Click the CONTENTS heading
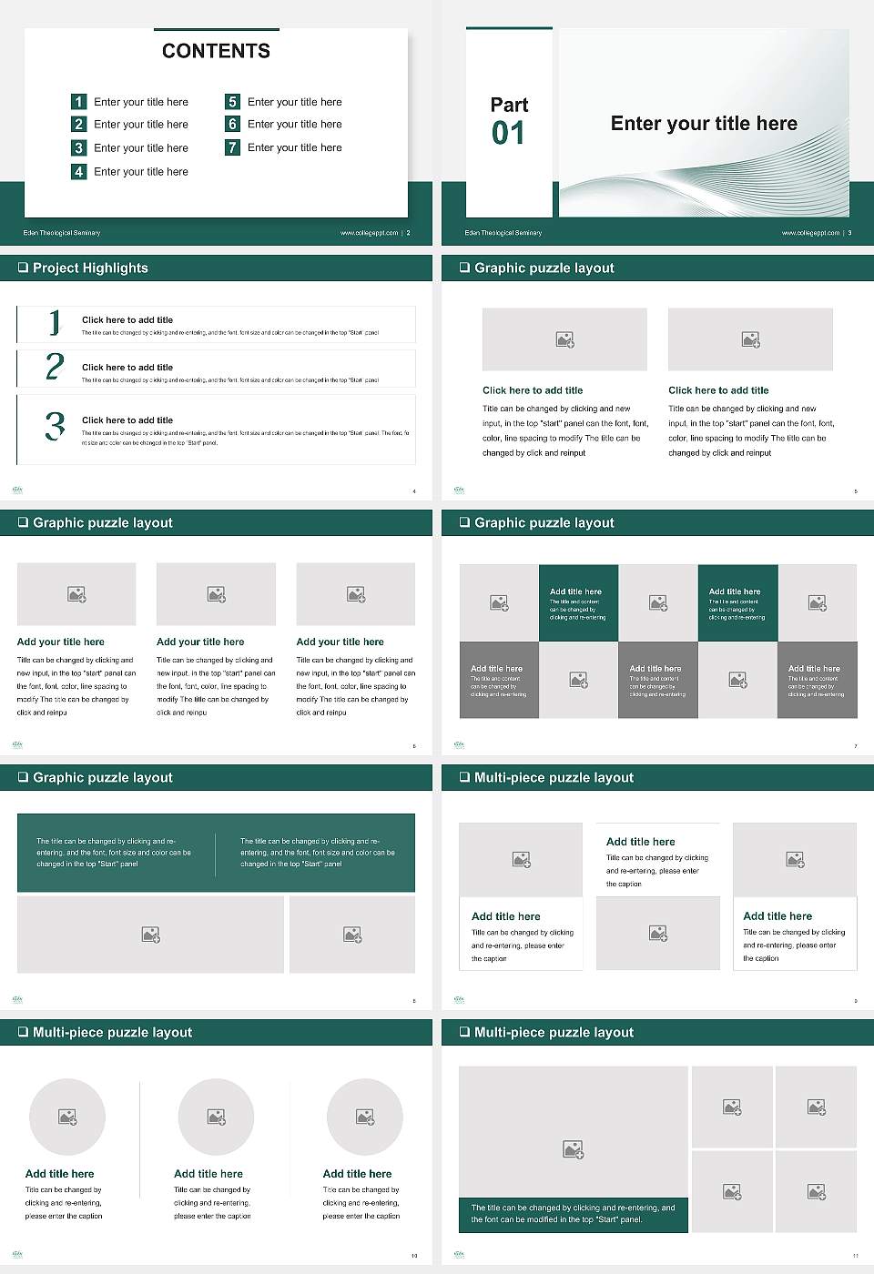click(216, 51)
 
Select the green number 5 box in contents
click(232, 102)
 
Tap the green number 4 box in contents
click(78, 171)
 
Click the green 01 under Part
click(508, 134)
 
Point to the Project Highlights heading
click(90, 268)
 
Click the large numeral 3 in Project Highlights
click(55, 426)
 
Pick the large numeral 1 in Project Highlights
click(55, 322)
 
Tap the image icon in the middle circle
click(216, 1117)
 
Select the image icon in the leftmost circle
click(67, 1117)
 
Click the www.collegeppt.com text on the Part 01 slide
click(810, 233)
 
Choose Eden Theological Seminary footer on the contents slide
click(62, 233)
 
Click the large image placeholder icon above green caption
click(573, 1150)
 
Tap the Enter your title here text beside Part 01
click(704, 124)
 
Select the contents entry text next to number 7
click(294, 147)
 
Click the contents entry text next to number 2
click(141, 125)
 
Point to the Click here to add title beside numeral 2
click(127, 368)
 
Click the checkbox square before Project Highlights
click(23, 268)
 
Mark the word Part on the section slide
click(509, 105)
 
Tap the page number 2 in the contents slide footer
click(408, 233)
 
